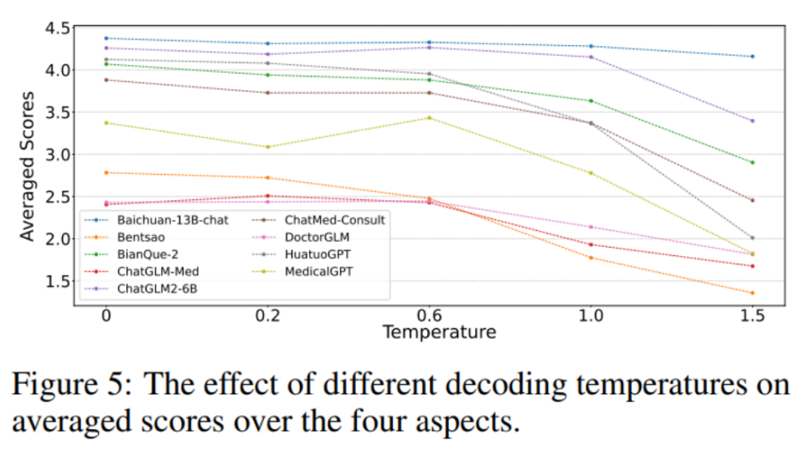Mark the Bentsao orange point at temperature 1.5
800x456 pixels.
point(752,293)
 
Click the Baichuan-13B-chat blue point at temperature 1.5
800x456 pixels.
point(752,57)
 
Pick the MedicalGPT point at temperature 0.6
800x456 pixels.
point(429,118)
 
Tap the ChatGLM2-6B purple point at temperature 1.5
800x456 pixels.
point(752,121)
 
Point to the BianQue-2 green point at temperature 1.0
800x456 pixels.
point(591,101)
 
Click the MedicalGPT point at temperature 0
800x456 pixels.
point(106,123)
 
